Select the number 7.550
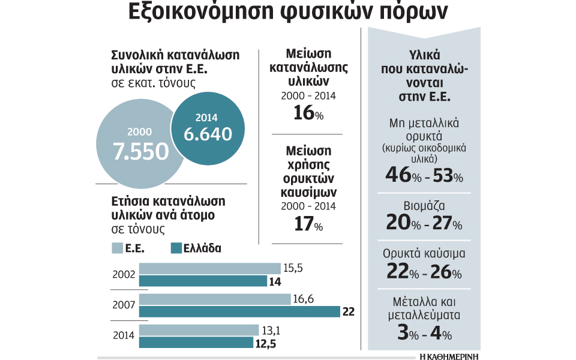(x=142, y=152)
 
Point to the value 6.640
(x=208, y=134)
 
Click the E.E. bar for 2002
(x=209, y=269)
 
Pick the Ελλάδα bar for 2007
(x=239, y=311)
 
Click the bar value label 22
(x=349, y=311)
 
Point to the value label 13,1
(x=269, y=329)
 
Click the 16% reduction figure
(x=308, y=113)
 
